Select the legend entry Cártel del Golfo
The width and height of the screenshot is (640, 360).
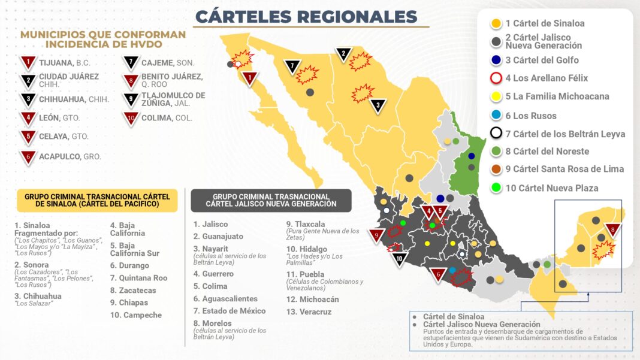click(542, 60)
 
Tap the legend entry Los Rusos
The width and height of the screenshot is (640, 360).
click(530, 116)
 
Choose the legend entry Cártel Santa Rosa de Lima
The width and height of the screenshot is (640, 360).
click(564, 169)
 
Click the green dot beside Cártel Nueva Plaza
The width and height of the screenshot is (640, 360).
click(496, 188)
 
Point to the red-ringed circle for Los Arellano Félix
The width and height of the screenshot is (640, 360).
click(496, 78)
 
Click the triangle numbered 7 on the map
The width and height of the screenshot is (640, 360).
click(292, 66)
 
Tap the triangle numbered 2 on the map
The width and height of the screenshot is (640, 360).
click(343, 55)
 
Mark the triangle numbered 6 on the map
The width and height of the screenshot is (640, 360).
click(439, 275)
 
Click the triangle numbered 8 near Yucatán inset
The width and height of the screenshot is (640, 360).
click(612, 229)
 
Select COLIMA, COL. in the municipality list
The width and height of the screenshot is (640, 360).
click(167, 118)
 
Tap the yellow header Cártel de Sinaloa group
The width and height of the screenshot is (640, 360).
click(97, 201)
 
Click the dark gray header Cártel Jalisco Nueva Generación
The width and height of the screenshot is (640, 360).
click(271, 201)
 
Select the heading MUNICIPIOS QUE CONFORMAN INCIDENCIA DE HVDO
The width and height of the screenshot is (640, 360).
click(103, 39)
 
